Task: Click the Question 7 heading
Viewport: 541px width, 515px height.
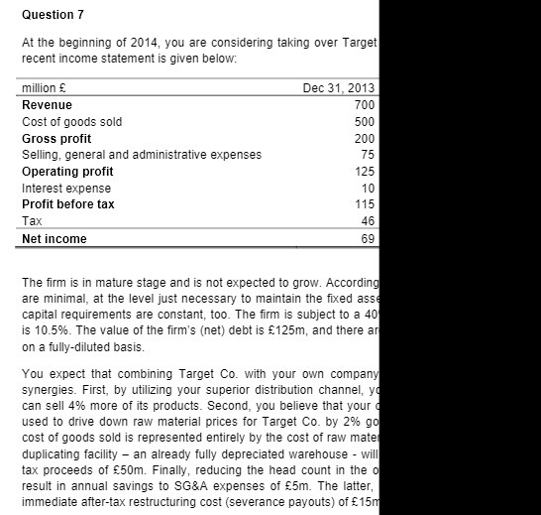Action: tap(54, 15)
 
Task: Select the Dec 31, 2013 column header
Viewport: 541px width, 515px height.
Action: tap(338, 88)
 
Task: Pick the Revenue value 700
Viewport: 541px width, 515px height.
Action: tap(363, 105)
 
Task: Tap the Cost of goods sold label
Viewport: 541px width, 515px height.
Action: tap(71, 121)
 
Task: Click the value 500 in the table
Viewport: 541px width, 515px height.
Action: tap(363, 121)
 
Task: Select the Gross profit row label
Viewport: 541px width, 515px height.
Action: tap(56, 138)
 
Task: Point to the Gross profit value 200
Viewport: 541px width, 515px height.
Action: tap(363, 138)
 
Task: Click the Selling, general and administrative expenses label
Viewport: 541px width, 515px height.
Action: tap(142, 154)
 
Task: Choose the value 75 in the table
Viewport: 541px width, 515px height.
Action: tap(367, 154)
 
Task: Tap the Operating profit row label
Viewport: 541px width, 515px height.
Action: tap(67, 172)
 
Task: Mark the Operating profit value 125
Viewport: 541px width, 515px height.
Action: tap(363, 172)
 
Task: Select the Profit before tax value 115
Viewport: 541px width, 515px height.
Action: tap(363, 204)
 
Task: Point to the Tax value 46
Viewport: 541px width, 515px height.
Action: tap(367, 221)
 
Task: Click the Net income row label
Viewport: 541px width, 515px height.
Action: tap(54, 239)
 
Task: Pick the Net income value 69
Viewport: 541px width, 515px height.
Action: tap(367, 239)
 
